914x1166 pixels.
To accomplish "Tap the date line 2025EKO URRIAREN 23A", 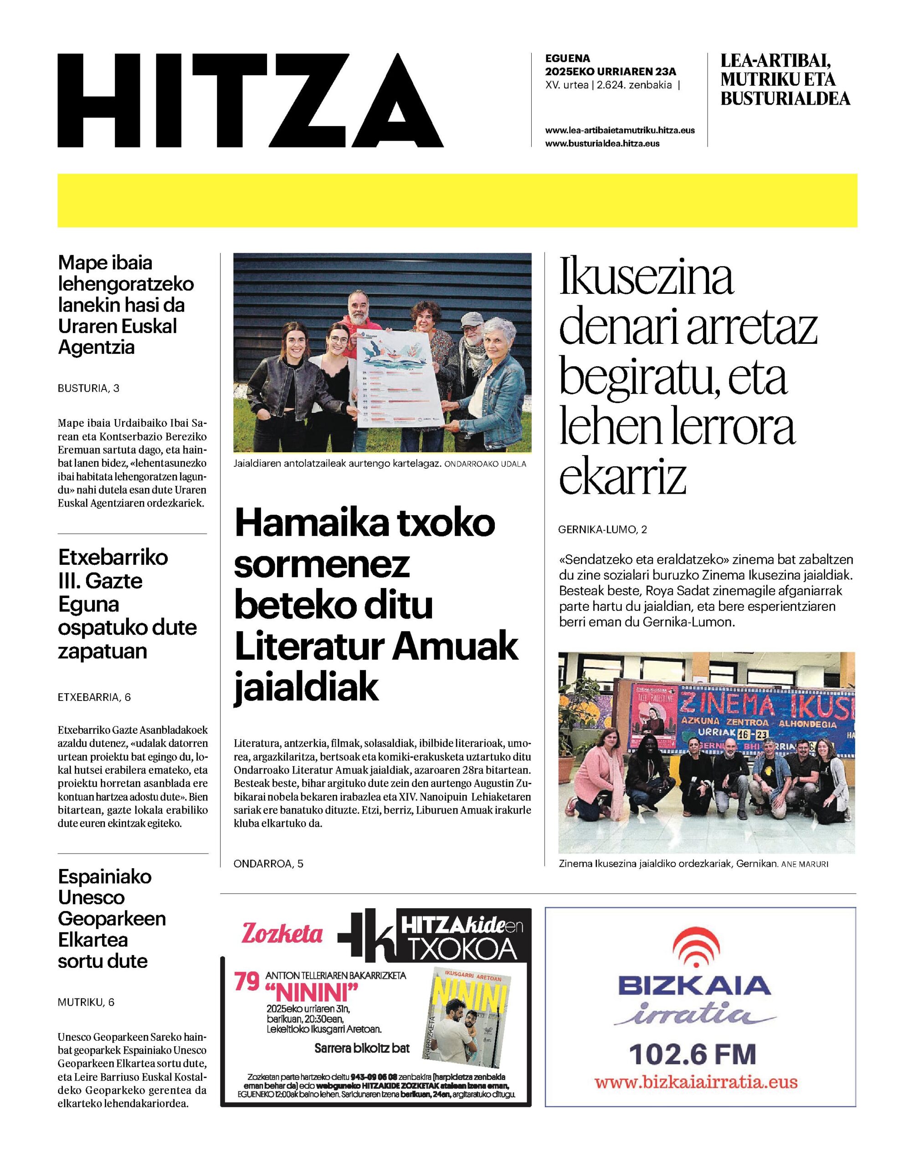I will pos(611,71).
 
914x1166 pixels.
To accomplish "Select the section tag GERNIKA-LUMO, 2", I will pos(602,530).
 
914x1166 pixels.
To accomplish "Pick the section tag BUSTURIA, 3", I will pos(88,389).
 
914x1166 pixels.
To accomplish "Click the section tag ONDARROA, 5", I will pos(268,863).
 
